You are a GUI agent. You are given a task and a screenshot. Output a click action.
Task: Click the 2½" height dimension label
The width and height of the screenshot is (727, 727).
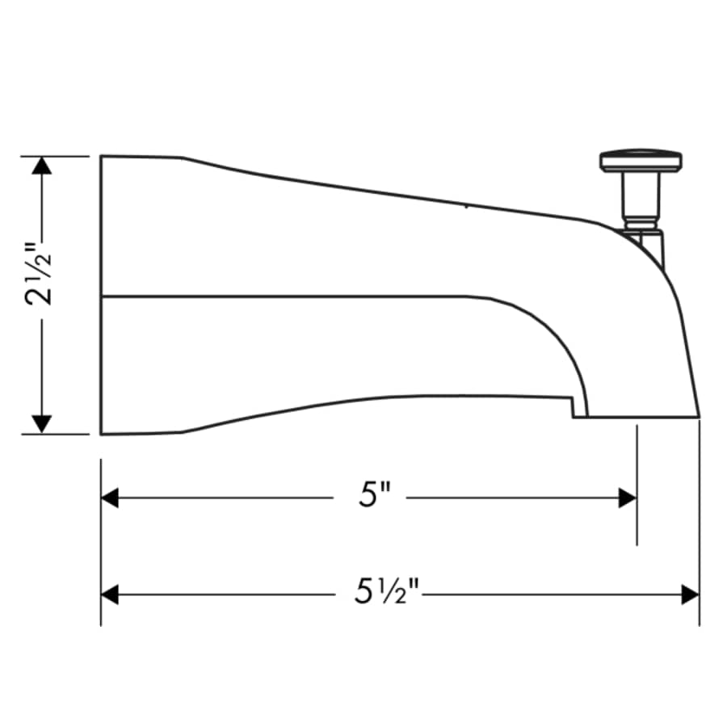click(41, 274)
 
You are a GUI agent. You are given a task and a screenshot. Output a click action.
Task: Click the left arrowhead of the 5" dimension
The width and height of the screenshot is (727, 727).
click(110, 498)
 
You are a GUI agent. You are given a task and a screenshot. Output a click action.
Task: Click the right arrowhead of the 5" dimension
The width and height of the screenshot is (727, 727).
click(628, 498)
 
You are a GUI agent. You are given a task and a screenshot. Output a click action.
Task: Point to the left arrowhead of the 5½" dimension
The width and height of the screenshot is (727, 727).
click(110, 595)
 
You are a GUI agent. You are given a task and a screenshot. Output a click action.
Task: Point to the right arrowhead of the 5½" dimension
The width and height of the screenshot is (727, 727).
click(690, 595)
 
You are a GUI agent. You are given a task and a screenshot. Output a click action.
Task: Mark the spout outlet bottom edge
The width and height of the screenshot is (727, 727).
click(638, 418)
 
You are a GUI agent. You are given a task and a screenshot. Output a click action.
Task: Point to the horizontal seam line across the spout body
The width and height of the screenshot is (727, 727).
click(283, 296)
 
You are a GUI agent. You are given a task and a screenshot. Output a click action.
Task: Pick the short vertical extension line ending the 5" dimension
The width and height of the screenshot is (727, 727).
click(637, 485)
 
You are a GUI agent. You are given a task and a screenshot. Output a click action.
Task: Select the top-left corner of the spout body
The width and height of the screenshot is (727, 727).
click(101, 156)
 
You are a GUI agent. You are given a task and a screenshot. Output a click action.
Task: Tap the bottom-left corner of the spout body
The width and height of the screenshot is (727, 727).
click(101, 434)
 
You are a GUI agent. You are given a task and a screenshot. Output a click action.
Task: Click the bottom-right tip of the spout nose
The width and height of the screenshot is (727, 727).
click(699, 417)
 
